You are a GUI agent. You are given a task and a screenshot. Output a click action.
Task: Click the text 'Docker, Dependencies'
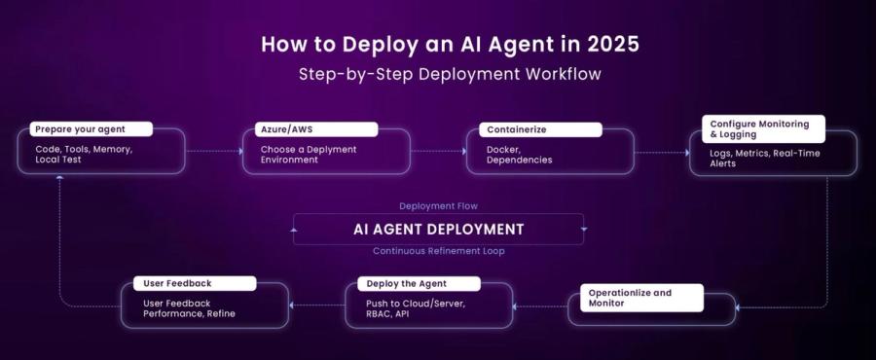(520, 155)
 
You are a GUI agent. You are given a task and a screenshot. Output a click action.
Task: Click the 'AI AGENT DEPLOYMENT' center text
(438, 230)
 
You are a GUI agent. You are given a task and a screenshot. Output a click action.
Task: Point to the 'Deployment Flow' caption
(438, 206)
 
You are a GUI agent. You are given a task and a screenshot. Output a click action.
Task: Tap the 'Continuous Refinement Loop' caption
(438, 251)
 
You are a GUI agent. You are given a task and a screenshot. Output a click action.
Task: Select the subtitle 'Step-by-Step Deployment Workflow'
(438, 75)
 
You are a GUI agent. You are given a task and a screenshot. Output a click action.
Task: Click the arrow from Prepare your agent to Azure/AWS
(214, 151)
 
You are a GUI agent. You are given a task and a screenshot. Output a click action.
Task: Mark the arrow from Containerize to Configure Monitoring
(662, 151)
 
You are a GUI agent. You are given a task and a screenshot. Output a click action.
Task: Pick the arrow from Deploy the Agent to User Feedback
(317, 305)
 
